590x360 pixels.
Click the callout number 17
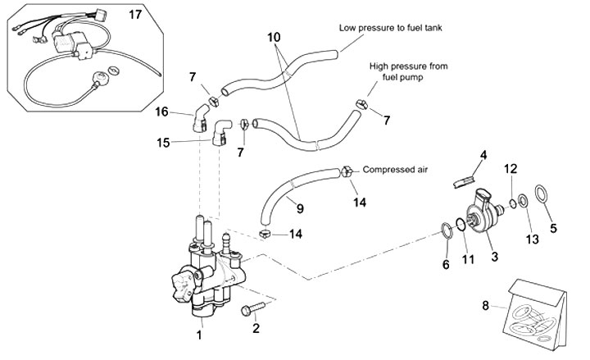[x=136, y=13]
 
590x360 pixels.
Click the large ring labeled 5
[x=542, y=195]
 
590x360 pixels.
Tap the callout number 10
[x=273, y=38]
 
